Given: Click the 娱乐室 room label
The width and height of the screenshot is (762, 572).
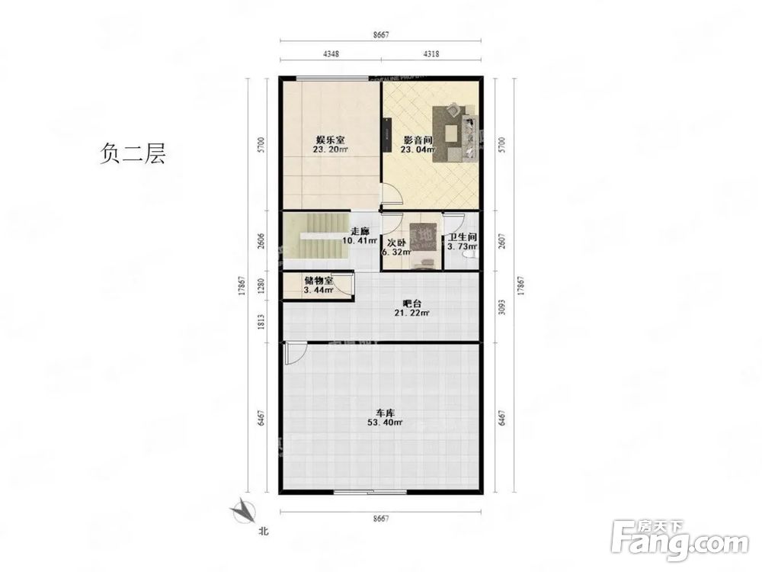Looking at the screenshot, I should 331,140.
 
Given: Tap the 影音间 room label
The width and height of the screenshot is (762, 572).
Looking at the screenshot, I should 418,140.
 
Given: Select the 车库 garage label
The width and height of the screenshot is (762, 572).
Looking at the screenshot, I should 384,413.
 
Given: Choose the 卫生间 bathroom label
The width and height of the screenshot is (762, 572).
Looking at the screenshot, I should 462,236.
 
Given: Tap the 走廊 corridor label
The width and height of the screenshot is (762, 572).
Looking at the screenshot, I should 360,231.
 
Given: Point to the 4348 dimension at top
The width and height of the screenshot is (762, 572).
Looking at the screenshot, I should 331,53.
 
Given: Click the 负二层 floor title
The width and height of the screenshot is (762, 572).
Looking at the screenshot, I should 132,155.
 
